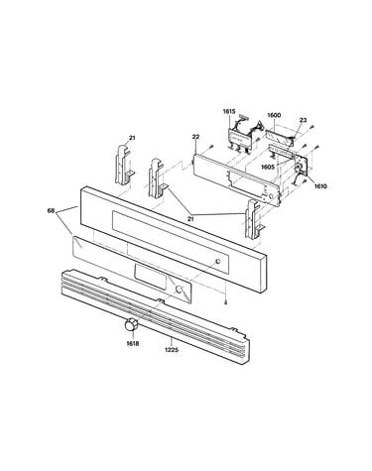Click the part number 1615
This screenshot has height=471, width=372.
point(229,111)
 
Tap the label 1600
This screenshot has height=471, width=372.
point(274,115)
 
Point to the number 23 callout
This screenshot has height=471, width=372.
point(303,120)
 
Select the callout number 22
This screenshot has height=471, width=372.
point(195,137)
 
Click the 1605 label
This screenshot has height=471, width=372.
point(268,168)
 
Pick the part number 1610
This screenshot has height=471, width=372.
point(320,186)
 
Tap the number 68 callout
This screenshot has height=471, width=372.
point(51,210)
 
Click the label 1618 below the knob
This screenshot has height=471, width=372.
point(133,344)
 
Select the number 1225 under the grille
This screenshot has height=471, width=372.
point(172,349)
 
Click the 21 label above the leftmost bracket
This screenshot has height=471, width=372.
point(132,138)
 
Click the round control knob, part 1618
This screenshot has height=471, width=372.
point(131,324)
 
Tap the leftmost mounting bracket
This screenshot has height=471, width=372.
point(123,165)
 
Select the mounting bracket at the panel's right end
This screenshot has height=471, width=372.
point(254,219)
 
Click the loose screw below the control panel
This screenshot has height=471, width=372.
point(225,301)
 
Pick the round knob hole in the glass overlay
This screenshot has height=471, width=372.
point(180,290)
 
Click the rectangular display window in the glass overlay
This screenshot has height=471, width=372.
point(150,277)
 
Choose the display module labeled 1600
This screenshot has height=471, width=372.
point(280,138)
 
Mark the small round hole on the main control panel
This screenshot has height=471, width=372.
point(218,262)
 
